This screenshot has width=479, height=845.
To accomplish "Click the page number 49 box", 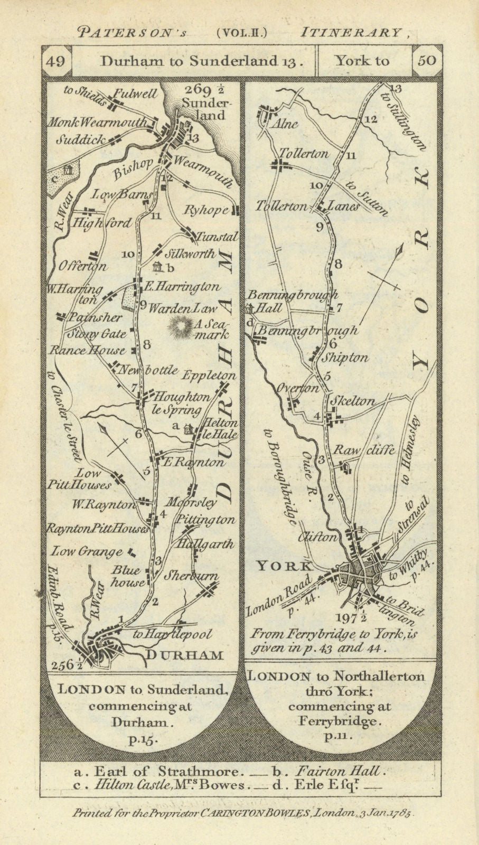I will pyautogui.click(x=56, y=61).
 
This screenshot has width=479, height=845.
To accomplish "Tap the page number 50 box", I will pyautogui.click(x=427, y=61).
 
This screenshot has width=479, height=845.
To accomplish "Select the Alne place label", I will pyautogui.click(x=286, y=124).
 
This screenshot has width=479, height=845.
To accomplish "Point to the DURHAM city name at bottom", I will pyautogui.click(x=184, y=655).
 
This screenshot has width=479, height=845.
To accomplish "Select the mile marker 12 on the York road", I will pyautogui.click(x=370, y=119).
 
